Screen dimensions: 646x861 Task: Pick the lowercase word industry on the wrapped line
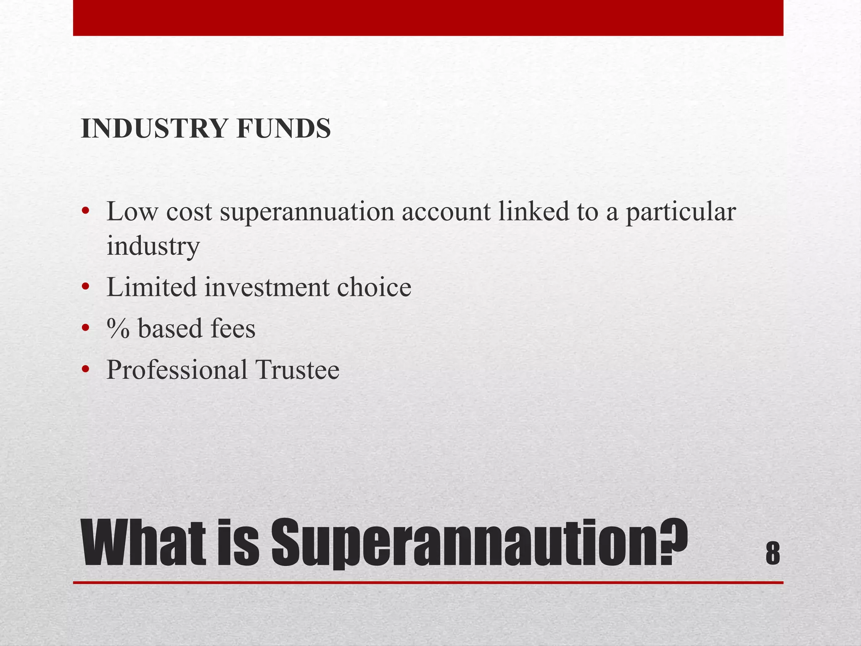pyautogui.click(x=153, y=246)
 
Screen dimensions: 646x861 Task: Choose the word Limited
pyautogui.click(x=151, y=287)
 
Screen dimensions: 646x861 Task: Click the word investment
pyautogui.click(x=267, y=288)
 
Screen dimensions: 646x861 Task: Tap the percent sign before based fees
pyautogui.click(x=118, y=328)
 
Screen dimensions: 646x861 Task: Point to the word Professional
pyautogui.click(x=177, y=370)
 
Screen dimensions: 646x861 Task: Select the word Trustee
pyautogui.click(x=297, y=370)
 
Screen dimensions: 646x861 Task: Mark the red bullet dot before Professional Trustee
pyautogui.click(x=86, y=370)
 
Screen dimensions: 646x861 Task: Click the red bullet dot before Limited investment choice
pyautogui.click(x=86, y=287)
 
